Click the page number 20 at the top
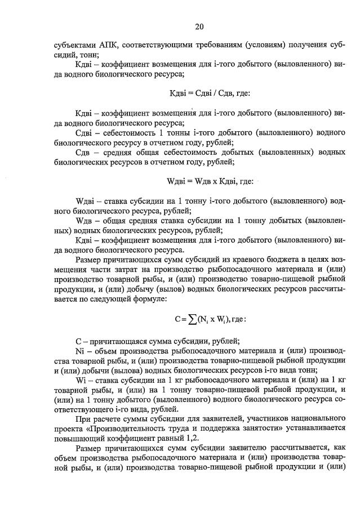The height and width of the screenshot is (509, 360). pyautogui.click(x=199, y=26)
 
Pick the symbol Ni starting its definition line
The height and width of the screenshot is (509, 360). pyautogui.click(x=79, y=350)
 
